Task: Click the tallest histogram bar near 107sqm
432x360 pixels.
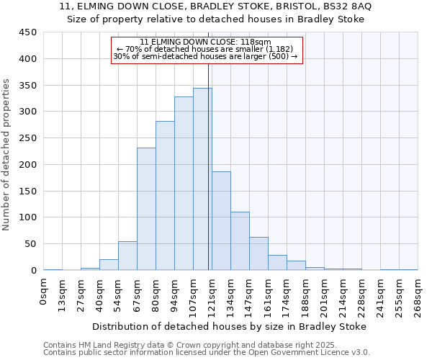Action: (x=202, y=179)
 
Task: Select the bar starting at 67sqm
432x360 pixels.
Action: (x=146, y=209)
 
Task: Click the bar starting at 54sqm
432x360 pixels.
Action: (x=127, y=256)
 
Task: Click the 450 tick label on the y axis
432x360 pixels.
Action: (x=29, y=32)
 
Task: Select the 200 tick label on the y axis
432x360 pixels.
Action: (x=29, y=165)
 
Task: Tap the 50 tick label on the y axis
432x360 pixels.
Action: (x=31, y=244)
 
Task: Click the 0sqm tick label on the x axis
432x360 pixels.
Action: (x=44, y=294)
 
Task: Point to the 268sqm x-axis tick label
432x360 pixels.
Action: (x=418, y=297)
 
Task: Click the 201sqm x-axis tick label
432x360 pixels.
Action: (x=325, y=297)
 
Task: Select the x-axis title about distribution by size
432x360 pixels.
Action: (x=229, y=326)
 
